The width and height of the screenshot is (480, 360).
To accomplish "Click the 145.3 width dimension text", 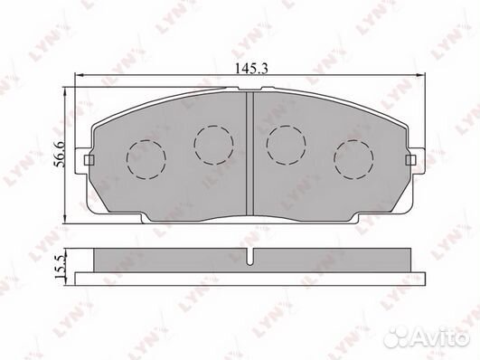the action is click(x=251, y=69).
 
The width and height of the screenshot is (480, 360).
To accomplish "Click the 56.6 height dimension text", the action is click(x=59, y=154).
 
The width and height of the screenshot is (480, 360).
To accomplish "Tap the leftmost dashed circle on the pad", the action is click(x=146, y=159).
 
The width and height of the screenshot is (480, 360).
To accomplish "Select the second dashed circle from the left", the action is click(x=213, y=145).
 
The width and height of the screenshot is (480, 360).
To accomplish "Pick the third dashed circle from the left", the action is click(x=287, y=145).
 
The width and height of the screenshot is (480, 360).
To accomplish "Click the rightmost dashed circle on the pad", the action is click(x=353, y=159).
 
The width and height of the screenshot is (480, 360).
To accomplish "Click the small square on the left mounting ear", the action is click(x=89, y=160).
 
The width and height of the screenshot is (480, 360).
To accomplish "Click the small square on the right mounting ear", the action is click(x=410, y=160).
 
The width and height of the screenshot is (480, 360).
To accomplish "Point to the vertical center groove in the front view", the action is click(x=250, y=153).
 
